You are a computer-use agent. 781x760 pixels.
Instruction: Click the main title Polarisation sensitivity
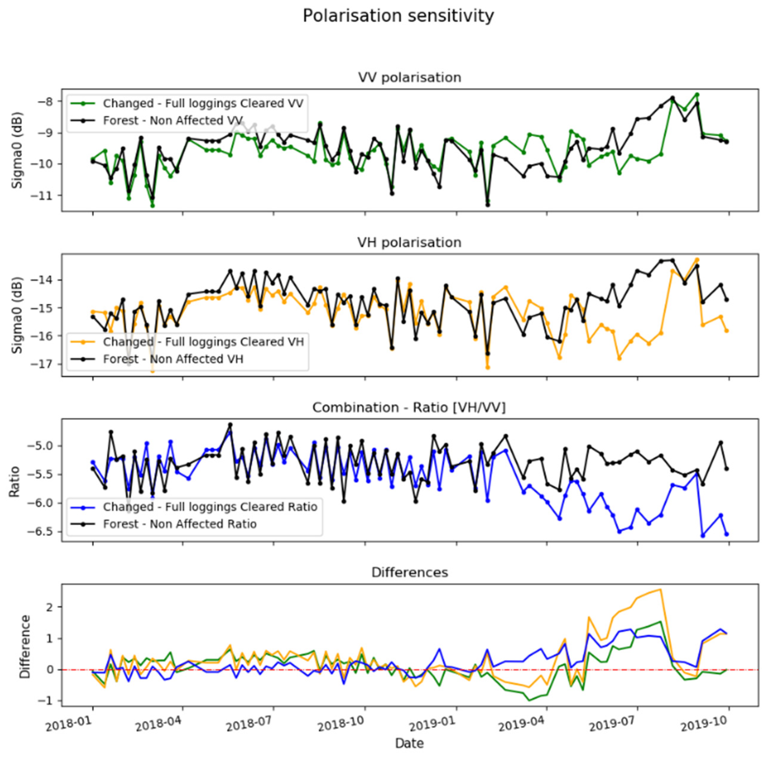point(398,16)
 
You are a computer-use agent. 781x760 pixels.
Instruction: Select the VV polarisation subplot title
point(409,78)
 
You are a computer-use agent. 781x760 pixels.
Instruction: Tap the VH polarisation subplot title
point(409,242)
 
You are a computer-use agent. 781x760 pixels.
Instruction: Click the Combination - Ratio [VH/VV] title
point(409,408)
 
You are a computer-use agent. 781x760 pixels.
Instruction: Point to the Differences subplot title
point(410,573)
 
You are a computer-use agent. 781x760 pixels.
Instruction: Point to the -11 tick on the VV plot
point(47,195)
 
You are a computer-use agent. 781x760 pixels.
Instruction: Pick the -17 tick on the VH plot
point(47,364)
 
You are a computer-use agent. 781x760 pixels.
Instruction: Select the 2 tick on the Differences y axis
point(50,607)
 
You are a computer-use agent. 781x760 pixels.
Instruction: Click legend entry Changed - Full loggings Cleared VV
point(203,103)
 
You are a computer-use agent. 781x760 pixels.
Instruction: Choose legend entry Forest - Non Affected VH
point(173,359)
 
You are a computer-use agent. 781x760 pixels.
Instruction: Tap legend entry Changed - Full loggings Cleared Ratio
point(210,507)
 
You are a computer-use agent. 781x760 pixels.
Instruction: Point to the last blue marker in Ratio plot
point(727,534)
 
